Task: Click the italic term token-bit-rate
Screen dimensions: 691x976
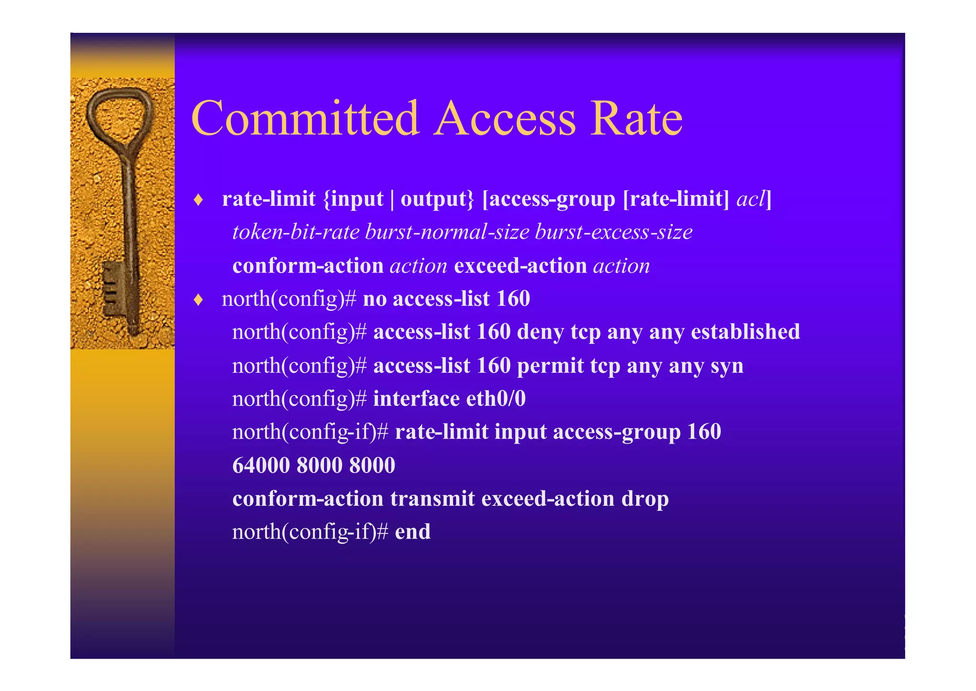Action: coord(295,232)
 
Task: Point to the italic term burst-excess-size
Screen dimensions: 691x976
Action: coord(614,232)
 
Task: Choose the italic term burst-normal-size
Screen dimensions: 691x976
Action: coord(447,232)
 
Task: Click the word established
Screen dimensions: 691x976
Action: coord(745,332)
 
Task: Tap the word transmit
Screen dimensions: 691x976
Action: coord(432,498)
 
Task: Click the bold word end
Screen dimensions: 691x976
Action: coord(413,531)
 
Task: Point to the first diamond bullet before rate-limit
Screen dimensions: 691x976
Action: coord(199,200)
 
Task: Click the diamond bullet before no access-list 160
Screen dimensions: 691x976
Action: coord(199,300)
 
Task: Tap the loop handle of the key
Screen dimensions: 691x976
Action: coord(120,114)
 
